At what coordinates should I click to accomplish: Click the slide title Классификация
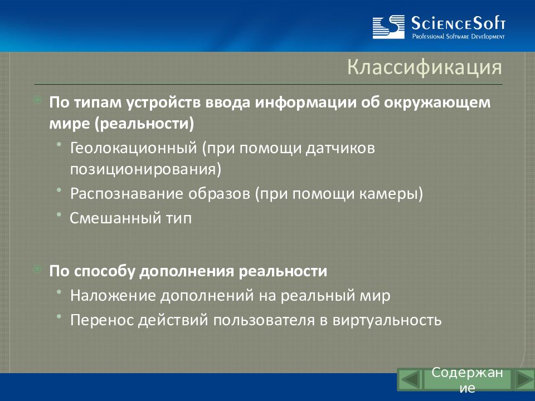(425, 67)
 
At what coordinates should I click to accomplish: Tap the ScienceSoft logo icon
(388, 27)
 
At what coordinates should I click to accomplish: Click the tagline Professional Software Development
(458, 37)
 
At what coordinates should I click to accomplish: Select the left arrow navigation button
(410, 379)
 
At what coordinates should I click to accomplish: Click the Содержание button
(467, 380)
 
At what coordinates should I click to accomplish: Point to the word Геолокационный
(134, 148)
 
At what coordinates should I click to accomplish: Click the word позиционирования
(145, 169)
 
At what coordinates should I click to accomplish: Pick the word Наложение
(113, 295)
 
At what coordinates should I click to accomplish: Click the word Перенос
(102, 320)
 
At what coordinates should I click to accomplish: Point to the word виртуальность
(387, 320)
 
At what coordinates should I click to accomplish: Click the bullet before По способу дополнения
(37, 270)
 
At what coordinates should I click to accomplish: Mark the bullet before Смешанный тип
(59, 214)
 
